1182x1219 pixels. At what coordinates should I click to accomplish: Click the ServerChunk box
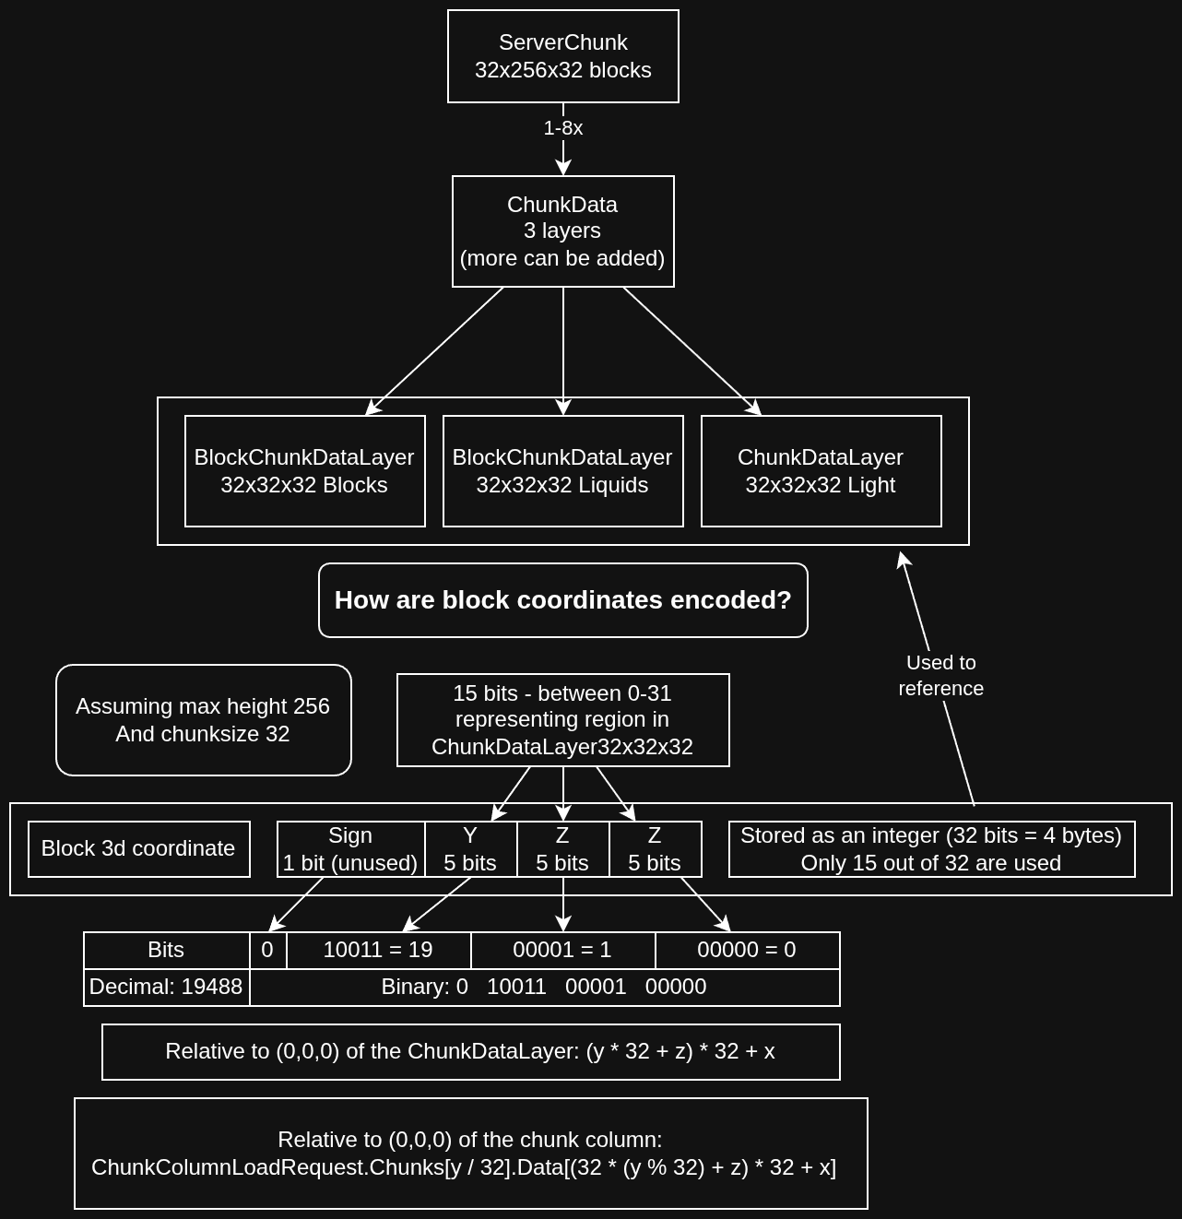562,56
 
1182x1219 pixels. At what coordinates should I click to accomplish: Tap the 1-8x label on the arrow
562,128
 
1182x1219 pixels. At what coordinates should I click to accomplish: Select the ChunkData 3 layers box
562,231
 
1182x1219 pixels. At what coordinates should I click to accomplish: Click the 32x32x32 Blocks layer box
304,471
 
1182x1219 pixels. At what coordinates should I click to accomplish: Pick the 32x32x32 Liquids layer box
562,471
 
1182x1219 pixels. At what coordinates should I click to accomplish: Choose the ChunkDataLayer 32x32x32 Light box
821,471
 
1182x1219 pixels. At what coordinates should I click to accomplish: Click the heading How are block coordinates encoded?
562,600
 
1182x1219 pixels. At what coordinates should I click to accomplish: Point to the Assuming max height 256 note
203,720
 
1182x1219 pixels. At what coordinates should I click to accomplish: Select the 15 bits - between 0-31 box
562,720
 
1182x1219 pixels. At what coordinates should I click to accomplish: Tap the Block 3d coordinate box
138,849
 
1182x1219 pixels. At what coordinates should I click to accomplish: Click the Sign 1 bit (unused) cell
350,849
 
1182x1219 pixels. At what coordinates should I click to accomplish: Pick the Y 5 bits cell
470,849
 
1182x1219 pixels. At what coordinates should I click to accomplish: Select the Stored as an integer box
931,849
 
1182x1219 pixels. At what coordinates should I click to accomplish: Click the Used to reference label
940,676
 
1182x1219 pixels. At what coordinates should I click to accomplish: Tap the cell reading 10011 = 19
378,951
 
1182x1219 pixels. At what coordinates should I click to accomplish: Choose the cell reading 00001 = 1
562,951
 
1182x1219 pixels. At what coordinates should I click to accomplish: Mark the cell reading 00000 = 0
747,951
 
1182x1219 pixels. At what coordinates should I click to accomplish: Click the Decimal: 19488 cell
166,988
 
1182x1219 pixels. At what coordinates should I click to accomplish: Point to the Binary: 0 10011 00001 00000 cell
544,988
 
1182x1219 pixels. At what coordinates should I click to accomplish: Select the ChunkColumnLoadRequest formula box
470,1154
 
